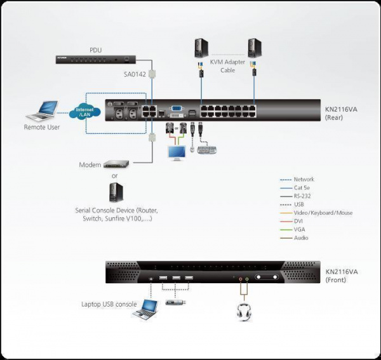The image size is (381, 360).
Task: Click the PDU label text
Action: [x=95, y=49]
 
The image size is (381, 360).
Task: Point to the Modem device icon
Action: [x=116, y=164]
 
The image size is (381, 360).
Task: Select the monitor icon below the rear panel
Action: [x=176, y=153]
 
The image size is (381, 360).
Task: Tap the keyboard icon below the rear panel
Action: [x=207, y=150]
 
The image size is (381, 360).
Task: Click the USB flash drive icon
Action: [x=176, y=302]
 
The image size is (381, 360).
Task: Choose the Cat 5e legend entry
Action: [x=303, y=188]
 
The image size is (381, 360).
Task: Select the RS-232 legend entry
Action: [x=304, y=196]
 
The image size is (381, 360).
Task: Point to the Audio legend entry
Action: [x=301, y=237]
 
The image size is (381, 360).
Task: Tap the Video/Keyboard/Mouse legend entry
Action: [x=323, y=213]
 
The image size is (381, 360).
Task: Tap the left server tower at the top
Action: [x=201, y=48]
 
